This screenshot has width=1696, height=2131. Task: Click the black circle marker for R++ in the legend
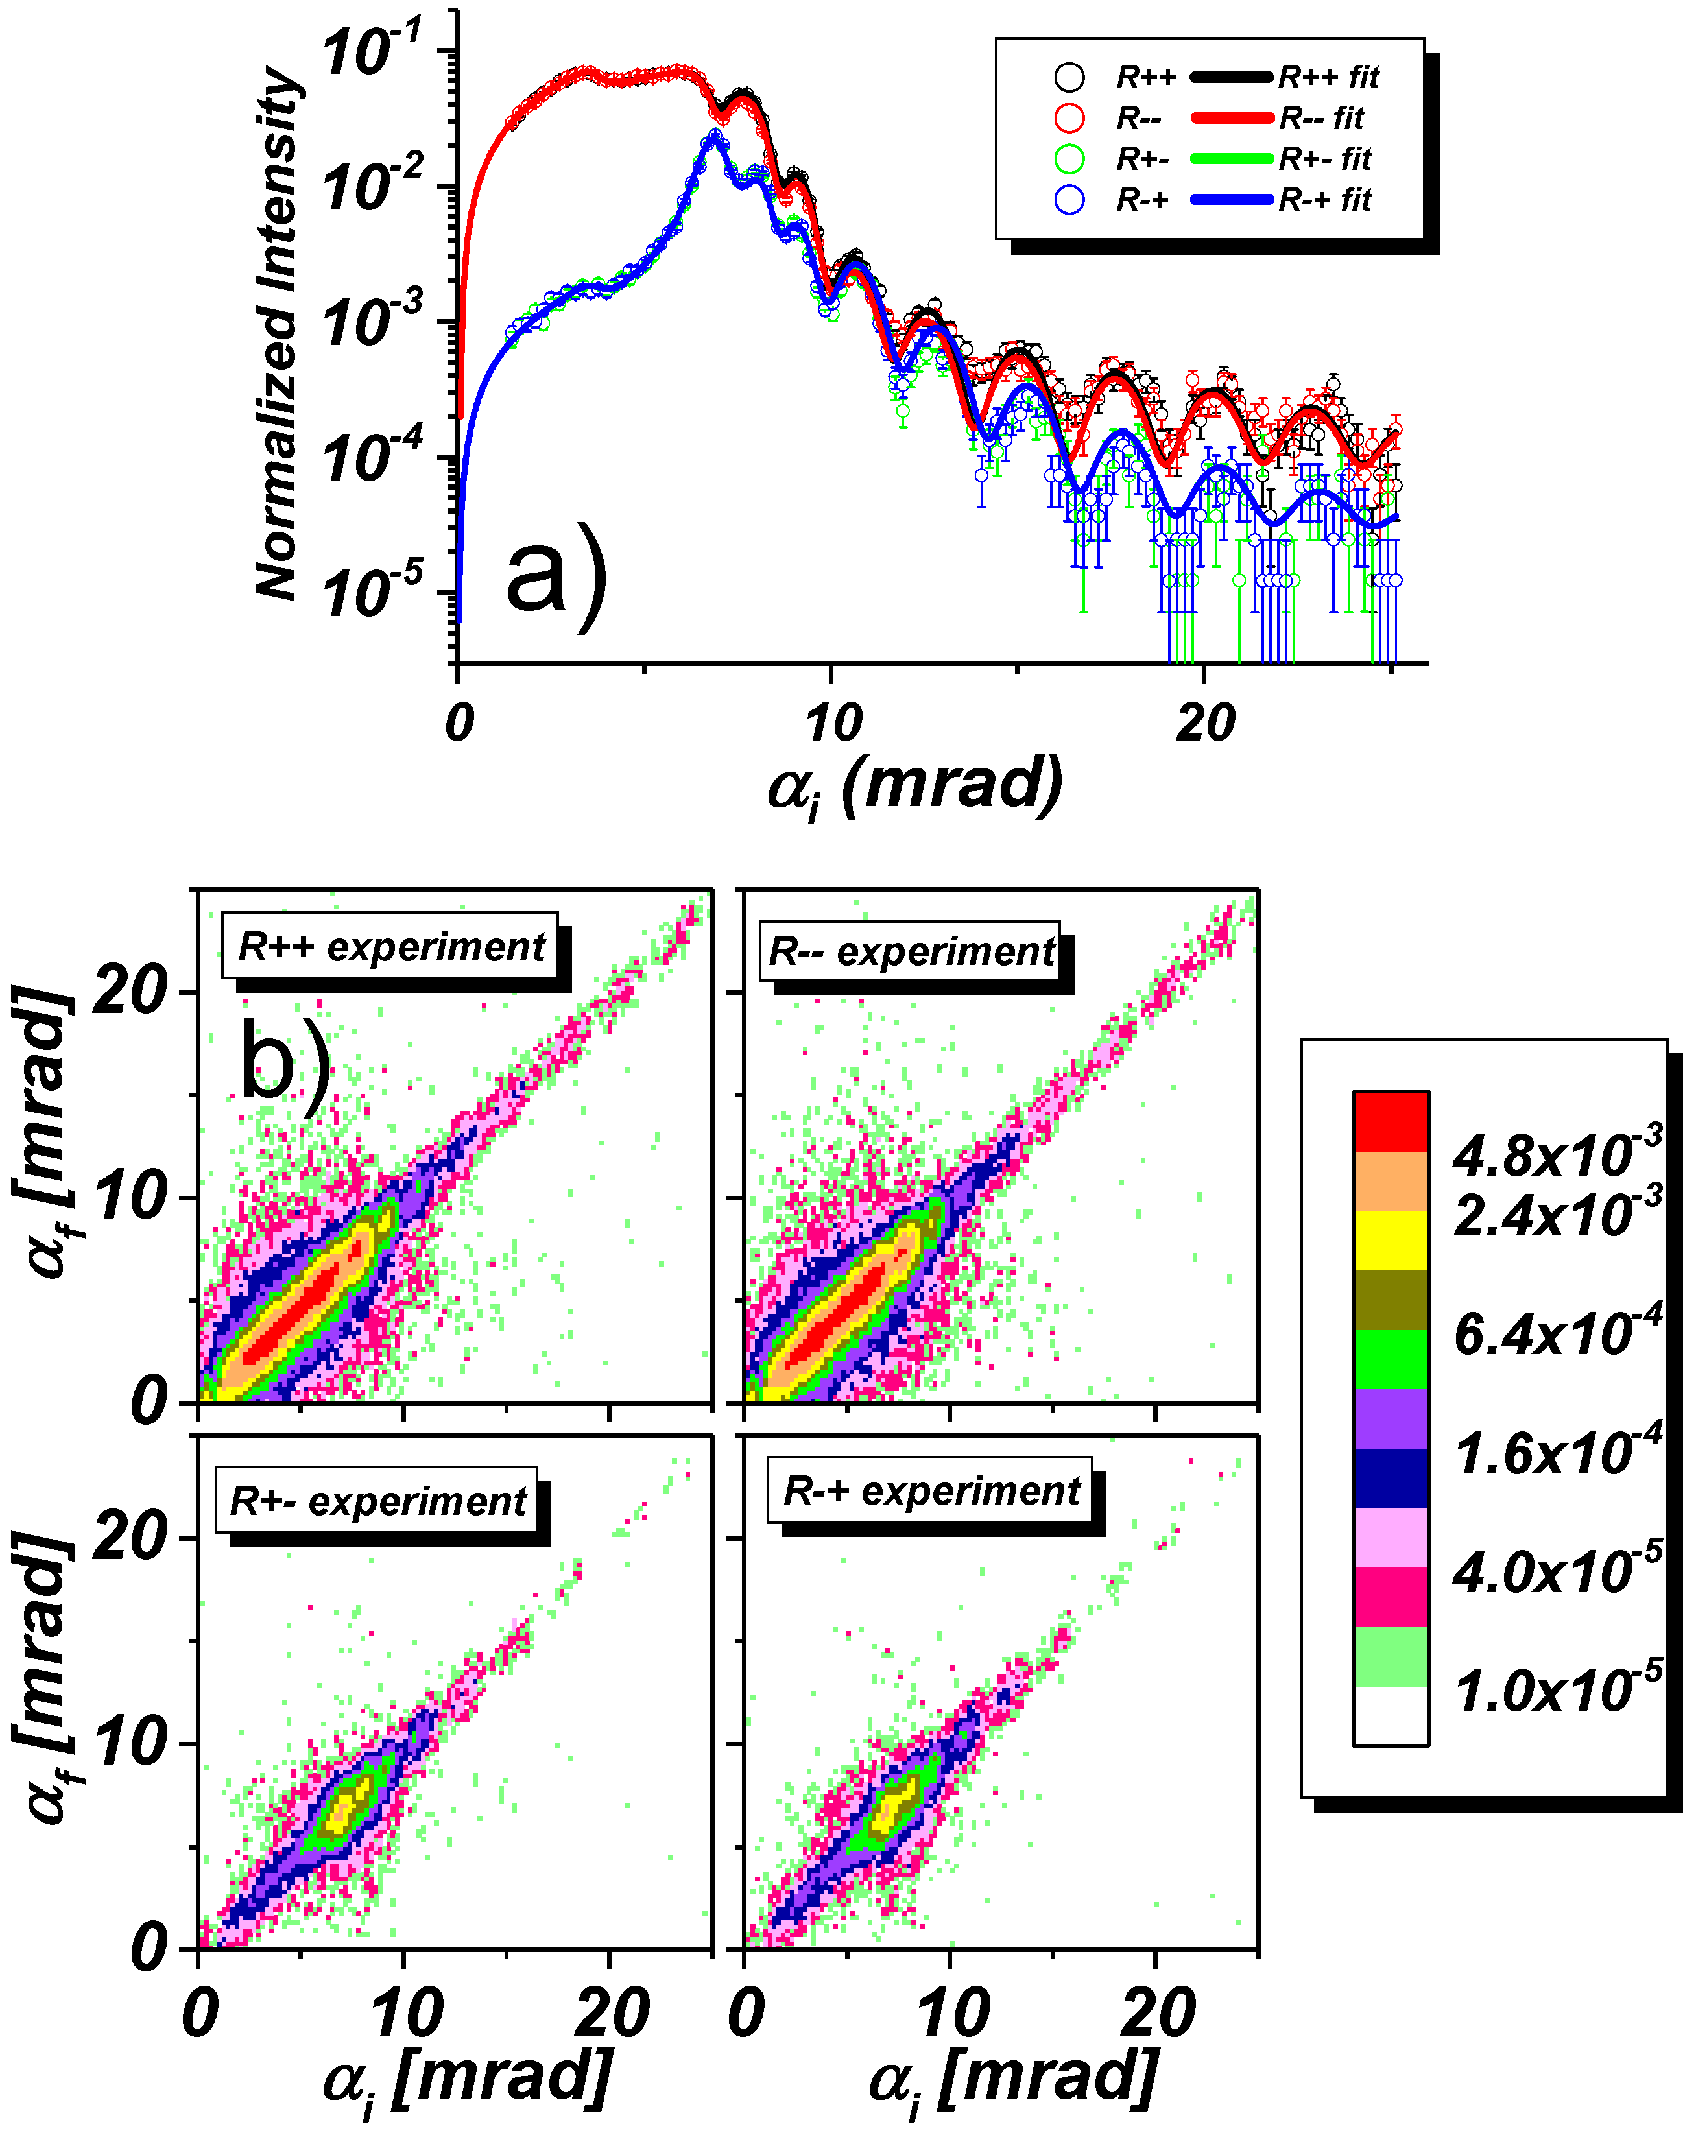click(1069, 77)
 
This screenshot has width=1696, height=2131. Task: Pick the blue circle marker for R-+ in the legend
click(1069, 200)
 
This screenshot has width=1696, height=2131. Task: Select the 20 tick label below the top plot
click(1205, 724)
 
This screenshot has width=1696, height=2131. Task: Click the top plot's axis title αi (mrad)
click(915, 786)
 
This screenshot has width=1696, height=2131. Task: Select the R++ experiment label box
click(390, 947)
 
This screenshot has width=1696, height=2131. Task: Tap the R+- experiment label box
click(377, 1501)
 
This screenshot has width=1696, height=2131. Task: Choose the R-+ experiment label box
click(930, 1490)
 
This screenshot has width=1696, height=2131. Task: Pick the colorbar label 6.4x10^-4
click(1557, 1333)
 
